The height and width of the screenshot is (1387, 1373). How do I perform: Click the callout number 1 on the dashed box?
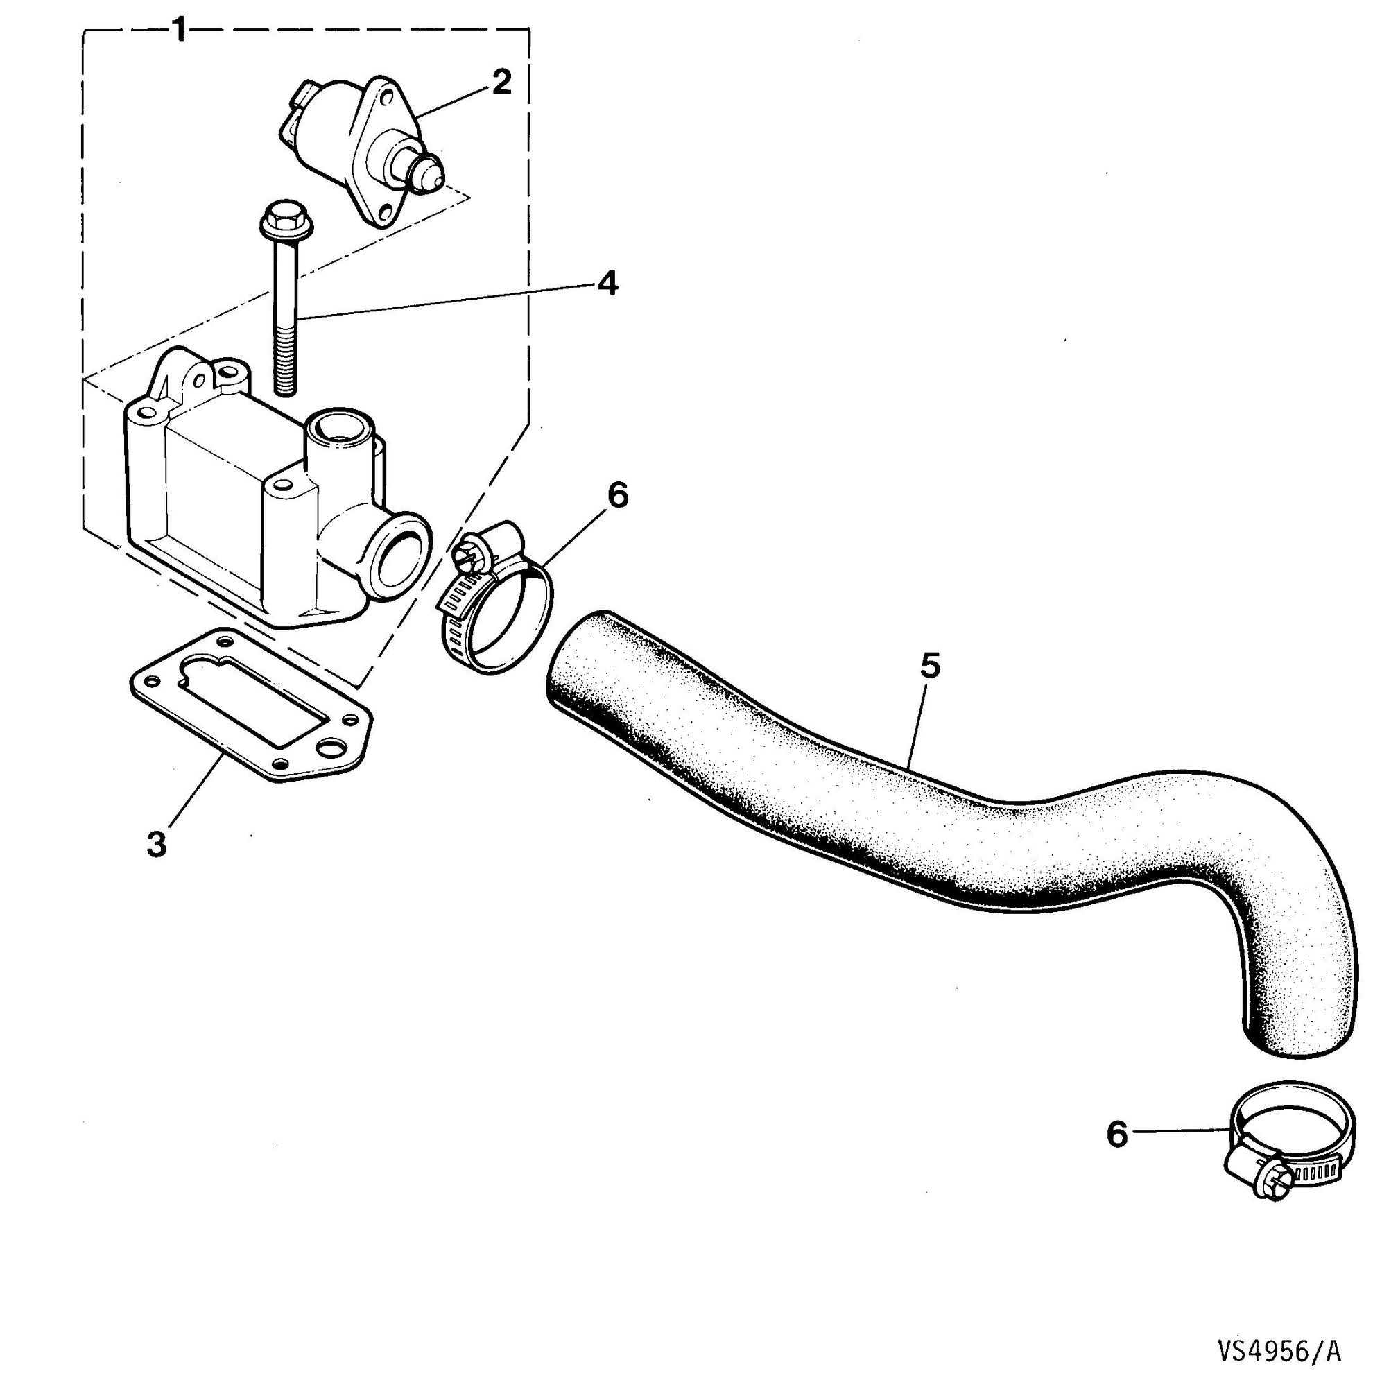point(180,31)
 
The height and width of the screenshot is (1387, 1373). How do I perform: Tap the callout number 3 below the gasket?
point(157,843)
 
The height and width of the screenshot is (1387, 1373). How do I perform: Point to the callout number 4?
point(606,285)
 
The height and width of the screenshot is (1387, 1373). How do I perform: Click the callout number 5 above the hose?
point(929,666)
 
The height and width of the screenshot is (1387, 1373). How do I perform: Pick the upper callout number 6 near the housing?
point(616,495)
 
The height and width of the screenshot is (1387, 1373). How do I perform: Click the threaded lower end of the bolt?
point(286,359)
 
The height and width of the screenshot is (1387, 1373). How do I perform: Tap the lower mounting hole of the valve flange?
point(387,212)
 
